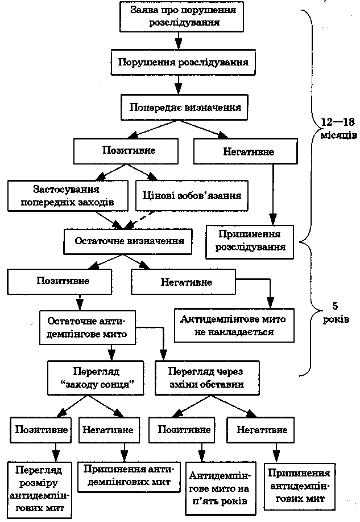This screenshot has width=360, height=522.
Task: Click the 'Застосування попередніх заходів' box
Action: pyautogui.click(x=67, y=195)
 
